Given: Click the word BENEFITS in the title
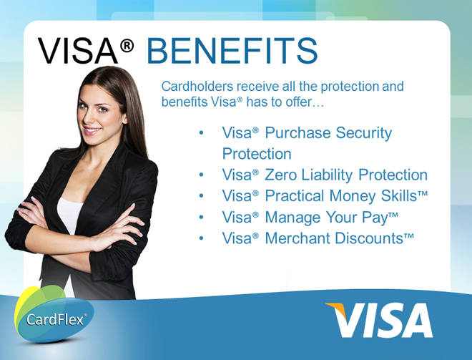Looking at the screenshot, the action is (232, 51).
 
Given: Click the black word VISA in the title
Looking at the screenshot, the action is (78, 51).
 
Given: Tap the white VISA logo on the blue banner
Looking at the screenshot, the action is (380, 320).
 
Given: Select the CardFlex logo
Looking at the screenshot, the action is (54, 314).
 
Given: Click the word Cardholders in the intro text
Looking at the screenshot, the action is (197, 87).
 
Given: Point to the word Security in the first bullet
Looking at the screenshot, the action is (363, 133).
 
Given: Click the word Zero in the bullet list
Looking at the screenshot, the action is (280, 175).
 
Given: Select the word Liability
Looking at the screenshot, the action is (327, 175).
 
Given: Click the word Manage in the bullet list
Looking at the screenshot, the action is (292, 218).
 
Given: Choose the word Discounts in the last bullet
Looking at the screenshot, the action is (369, 238).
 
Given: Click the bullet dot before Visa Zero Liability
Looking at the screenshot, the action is (202, 175).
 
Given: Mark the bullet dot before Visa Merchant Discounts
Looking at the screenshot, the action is (202, 238).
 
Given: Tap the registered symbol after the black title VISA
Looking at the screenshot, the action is (127, 46).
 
